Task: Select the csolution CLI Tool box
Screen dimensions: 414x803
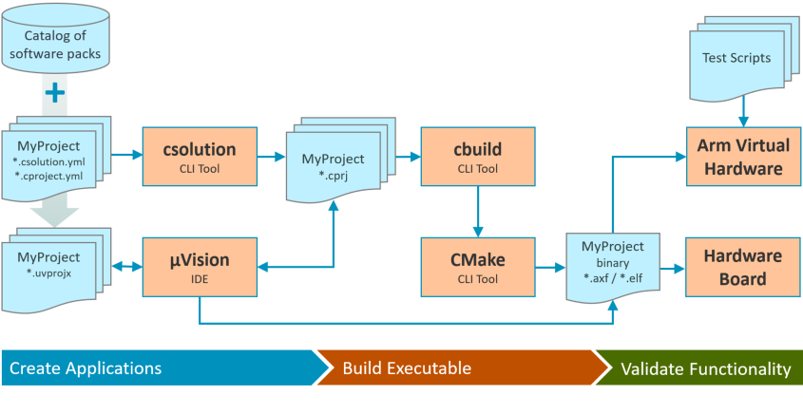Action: pos(200,156)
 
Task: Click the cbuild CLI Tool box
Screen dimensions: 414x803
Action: pos(477,156)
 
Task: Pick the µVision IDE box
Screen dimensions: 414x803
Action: pos(200,267)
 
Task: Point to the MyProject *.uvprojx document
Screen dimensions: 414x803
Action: pos(56,267)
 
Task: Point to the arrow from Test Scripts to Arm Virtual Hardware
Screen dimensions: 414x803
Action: pos(742,112)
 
